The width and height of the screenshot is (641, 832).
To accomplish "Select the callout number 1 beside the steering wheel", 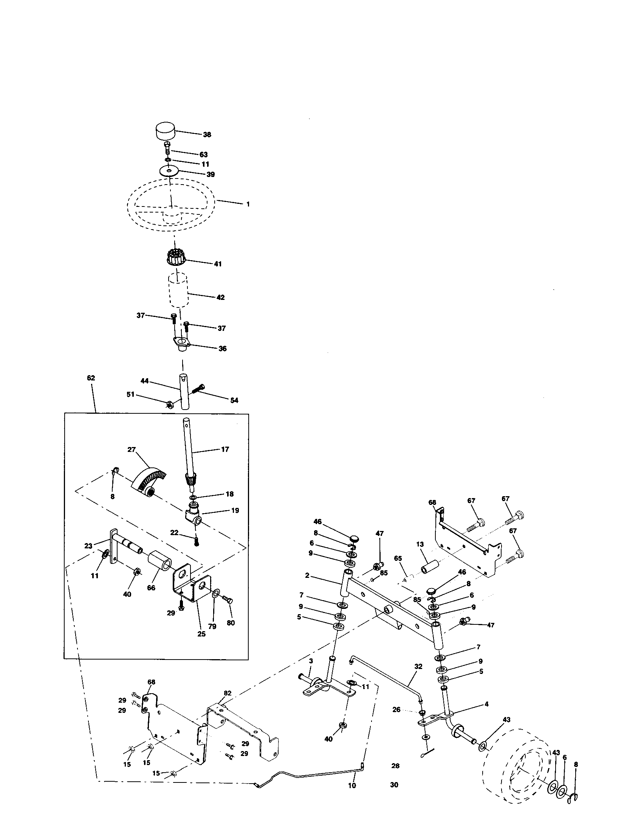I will [x=248, y=204].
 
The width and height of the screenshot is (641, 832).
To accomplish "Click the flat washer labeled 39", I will [x=169, y=171].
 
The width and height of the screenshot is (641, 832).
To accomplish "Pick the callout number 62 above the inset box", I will [x=91, y=378].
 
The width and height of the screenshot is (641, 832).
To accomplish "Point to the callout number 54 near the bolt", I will [x=234, y=400].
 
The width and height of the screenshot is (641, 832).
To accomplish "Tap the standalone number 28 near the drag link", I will [x=395, y=766].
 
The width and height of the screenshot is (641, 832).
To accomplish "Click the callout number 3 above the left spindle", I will [x=311, y=661].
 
